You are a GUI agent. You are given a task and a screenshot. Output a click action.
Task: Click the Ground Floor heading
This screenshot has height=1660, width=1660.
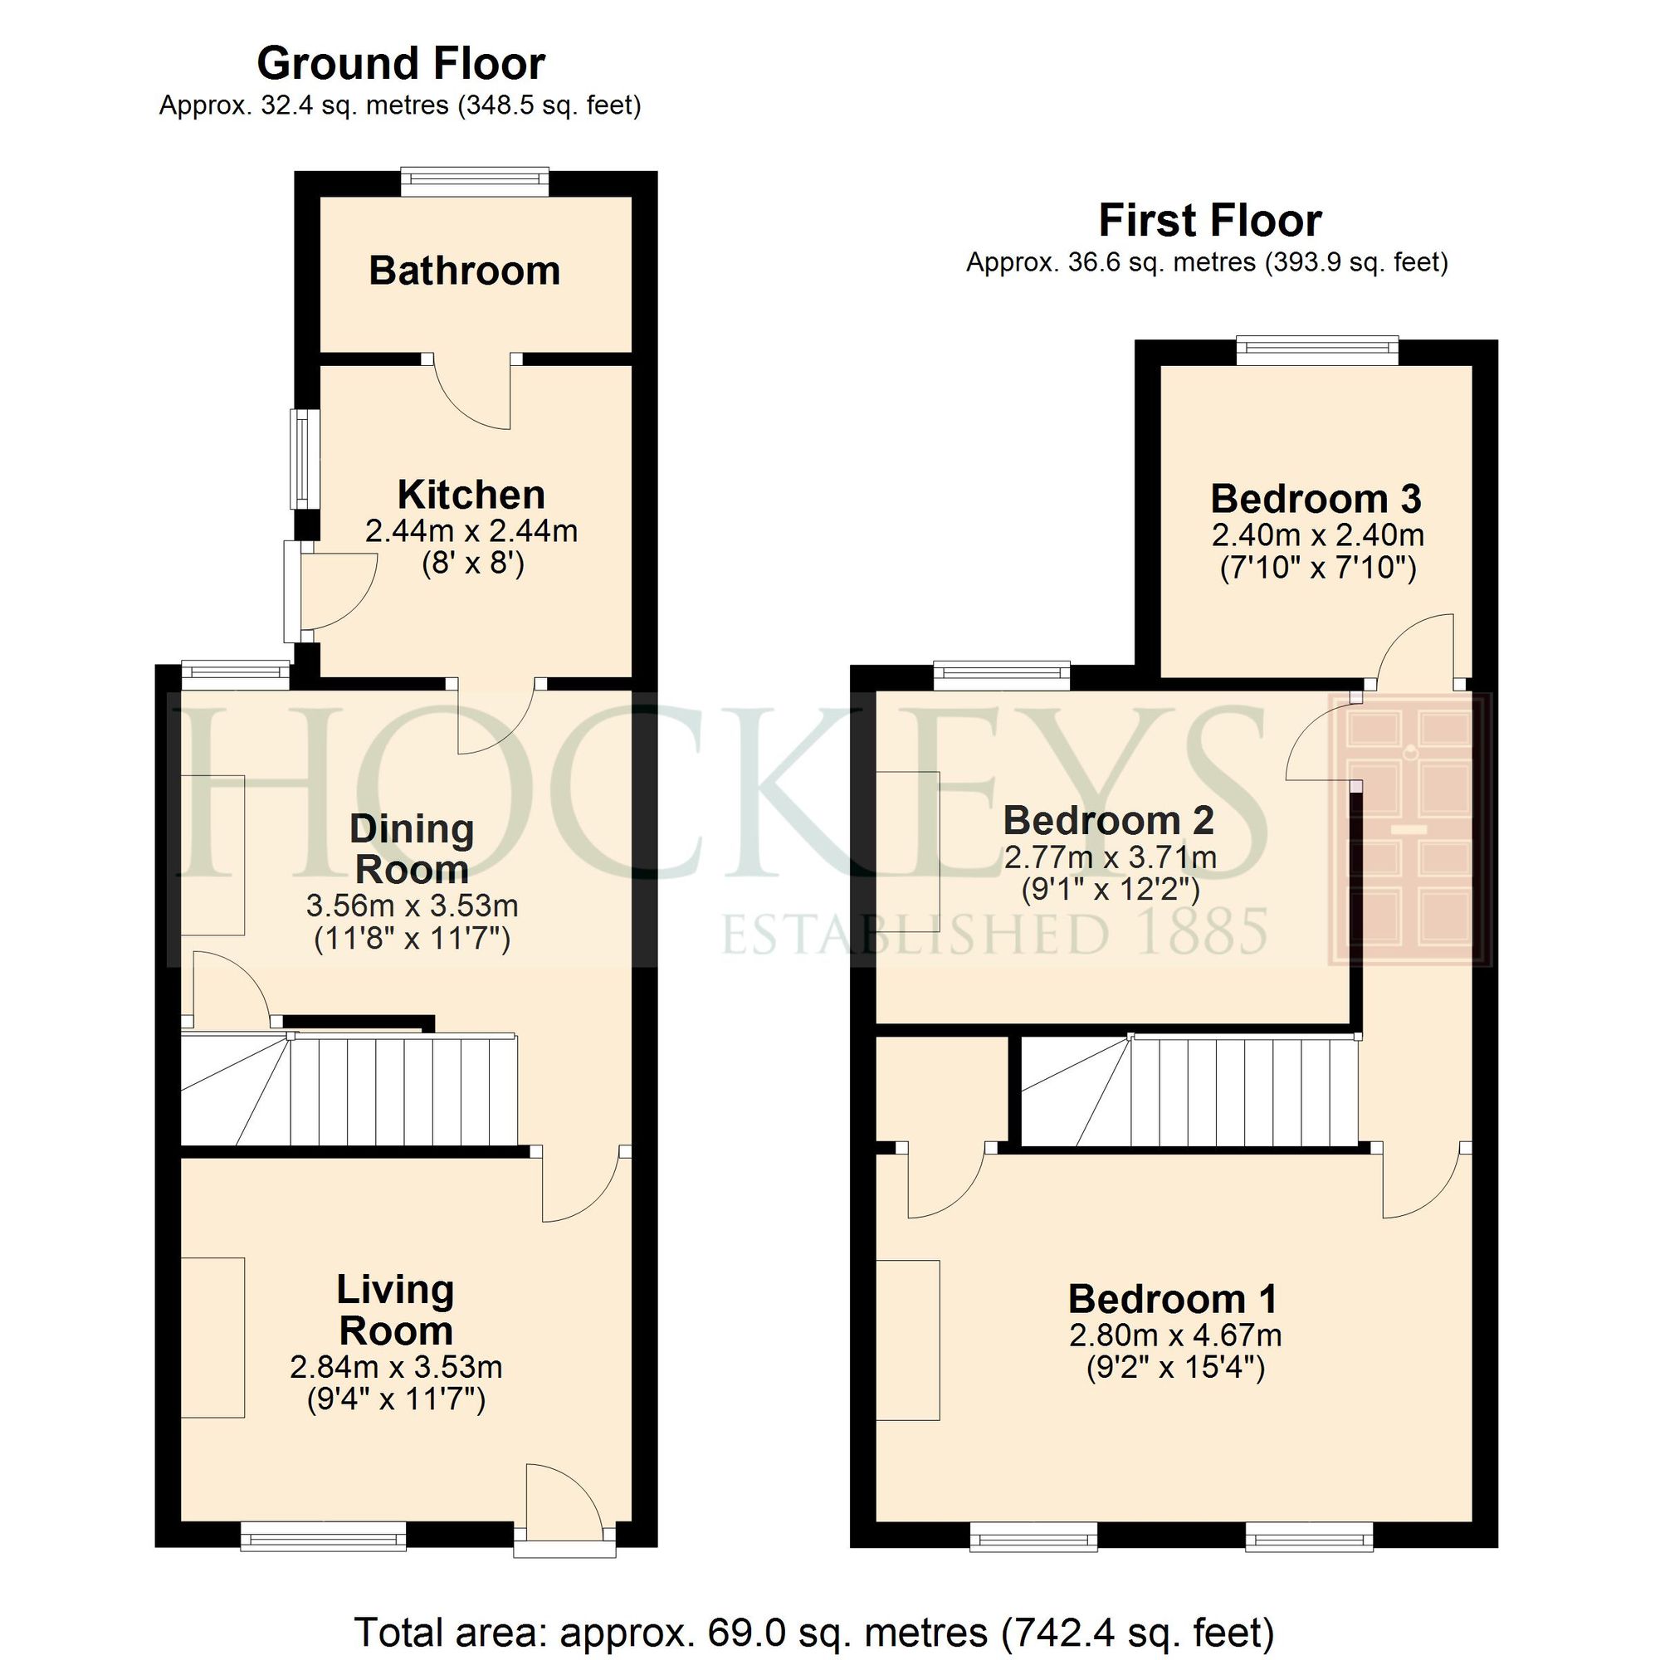[x=400, y=64]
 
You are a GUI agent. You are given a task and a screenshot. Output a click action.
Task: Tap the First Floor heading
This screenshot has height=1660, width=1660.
[x=1209, y=221]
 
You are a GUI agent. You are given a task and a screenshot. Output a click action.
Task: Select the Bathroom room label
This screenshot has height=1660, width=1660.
[x=464, y=271]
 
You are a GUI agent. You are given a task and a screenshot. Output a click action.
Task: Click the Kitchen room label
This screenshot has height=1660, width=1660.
[x=471, y=495]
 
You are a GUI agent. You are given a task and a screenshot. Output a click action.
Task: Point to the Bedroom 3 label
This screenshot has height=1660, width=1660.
[x=1316, y=498]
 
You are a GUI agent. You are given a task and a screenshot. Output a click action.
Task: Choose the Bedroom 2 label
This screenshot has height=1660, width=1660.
[x=1108, y=821]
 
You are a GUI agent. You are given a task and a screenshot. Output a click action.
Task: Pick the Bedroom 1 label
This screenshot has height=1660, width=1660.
[x=1172, y=1298]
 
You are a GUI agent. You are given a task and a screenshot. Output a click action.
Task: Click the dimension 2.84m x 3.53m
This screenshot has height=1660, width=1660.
[x=396, y=1366]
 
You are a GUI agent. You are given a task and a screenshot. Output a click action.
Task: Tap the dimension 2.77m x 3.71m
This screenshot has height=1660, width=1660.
[x=1110, y=857]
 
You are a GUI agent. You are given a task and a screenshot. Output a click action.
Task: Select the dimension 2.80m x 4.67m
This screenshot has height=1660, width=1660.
[x=1175, y=1335]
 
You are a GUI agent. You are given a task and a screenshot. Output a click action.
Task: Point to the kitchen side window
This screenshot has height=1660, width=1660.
[x=301, y=460]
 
